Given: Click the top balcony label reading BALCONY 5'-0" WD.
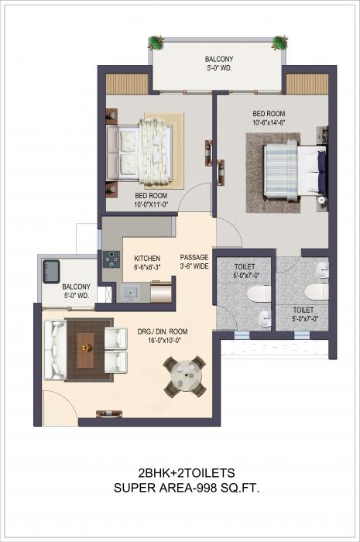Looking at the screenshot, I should (x=220, y=63).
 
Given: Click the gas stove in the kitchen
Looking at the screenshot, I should (x=108, y=262).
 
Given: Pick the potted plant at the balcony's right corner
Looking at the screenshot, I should (x=279, y=42).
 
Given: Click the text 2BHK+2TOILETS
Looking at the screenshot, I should (x=180, y=472).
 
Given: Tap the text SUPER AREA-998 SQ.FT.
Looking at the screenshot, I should (x=180, y=488).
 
